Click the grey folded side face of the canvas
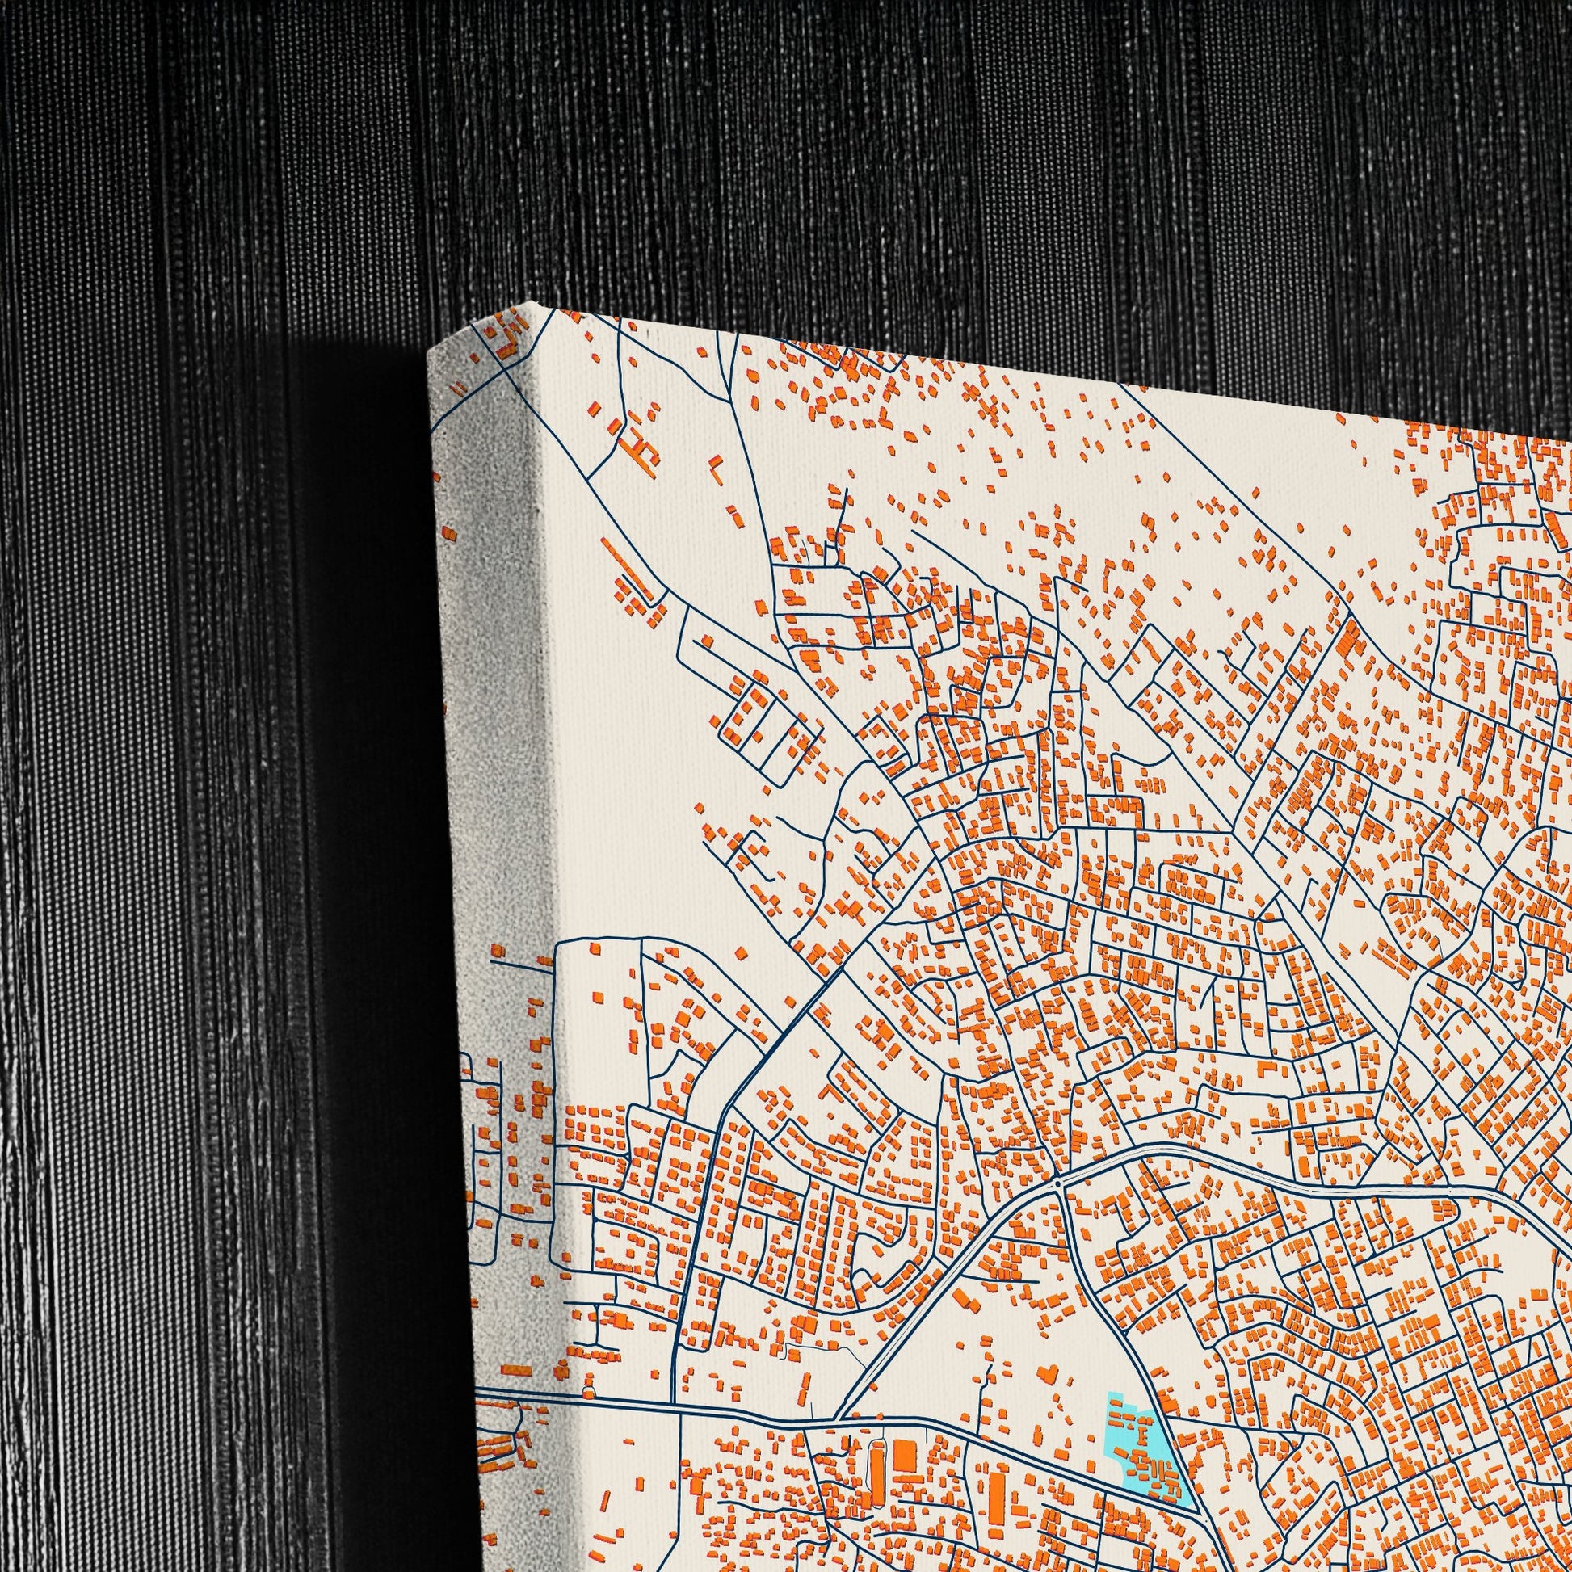point(488,733)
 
